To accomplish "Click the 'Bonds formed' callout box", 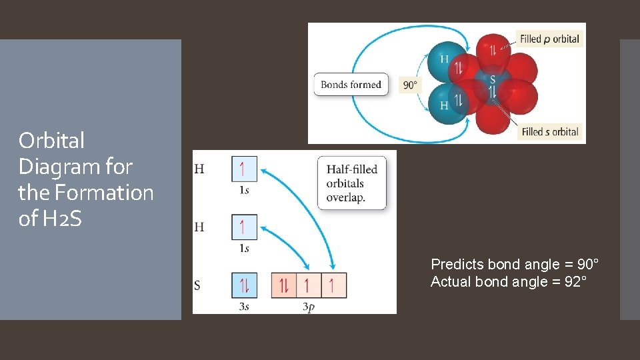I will [351, 85].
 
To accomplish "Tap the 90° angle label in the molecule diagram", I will [410, 85].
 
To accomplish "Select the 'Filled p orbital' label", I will [549, 39].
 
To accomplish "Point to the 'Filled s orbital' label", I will [549, 131].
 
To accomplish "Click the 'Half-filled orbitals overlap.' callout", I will [351, 183].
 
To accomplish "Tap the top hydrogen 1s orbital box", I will [244, 169].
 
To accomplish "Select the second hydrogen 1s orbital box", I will [244, 227].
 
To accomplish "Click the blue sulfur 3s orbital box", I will [244, 285].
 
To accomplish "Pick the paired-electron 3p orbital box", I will [284, 285].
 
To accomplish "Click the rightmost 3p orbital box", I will [333, 285].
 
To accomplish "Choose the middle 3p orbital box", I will [309, 285].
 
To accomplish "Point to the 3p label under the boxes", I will [309, 307].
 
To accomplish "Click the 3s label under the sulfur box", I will [243, 307].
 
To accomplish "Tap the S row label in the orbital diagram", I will [197, 286].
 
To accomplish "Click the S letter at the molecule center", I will [493, 80].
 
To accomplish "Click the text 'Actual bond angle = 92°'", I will [509, 281].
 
